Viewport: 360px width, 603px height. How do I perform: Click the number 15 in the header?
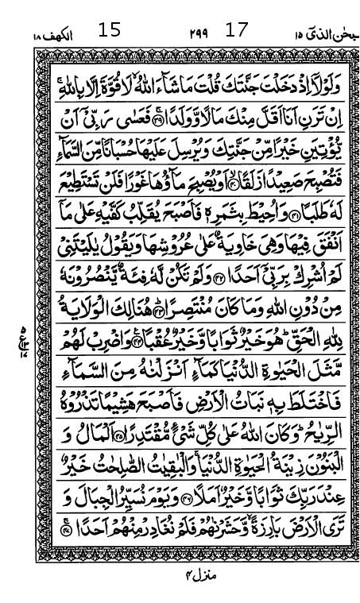point(110,31)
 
